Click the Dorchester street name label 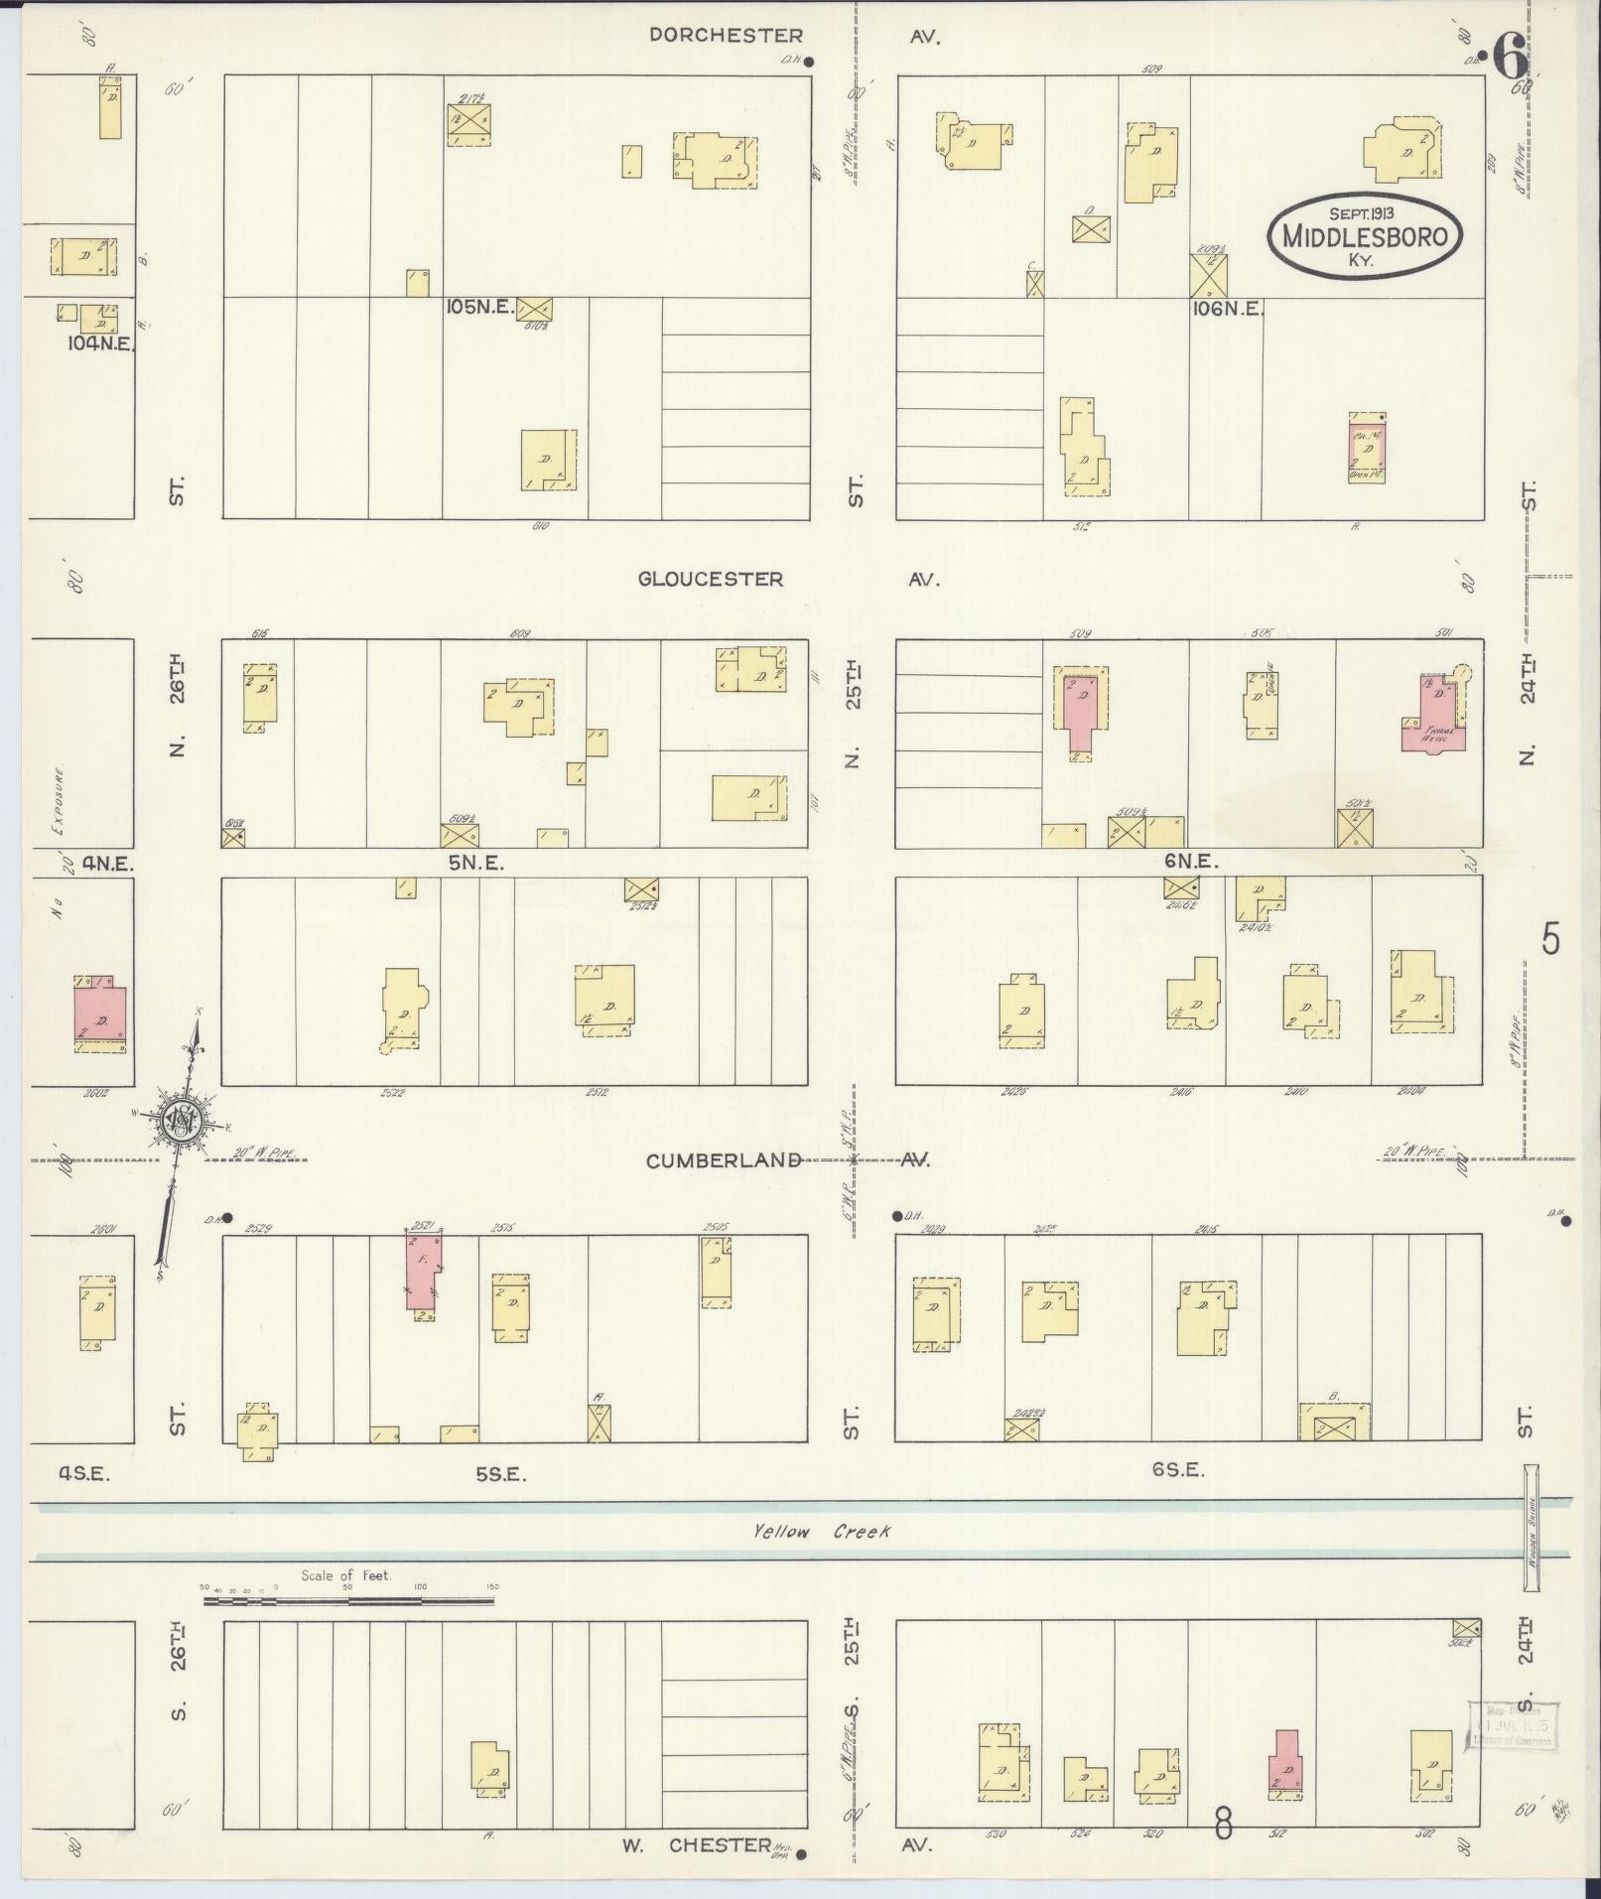point(726,36)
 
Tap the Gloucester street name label point(710,579)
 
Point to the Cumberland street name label point(724,1160)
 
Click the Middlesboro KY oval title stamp point(1365,234)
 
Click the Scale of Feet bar point(347,1600)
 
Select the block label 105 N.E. point(480,308)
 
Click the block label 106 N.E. point(1227,309)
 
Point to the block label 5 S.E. point(500,1475)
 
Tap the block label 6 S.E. point(1178,1470)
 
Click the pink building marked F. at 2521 point(424,1274)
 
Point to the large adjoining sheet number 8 point(1223,1824)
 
